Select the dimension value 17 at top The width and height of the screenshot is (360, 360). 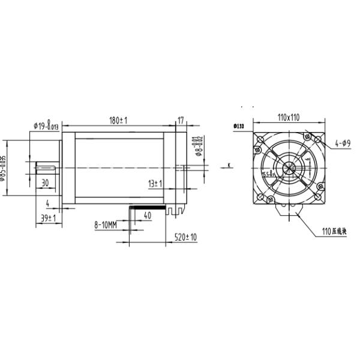coord(181,120)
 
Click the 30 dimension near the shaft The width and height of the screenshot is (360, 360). coord(45,182)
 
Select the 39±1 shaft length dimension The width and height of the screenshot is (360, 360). coord(47,219)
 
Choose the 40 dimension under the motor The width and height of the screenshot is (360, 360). coord(148,215)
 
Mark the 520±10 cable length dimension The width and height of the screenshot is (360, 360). coord(185,238)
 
